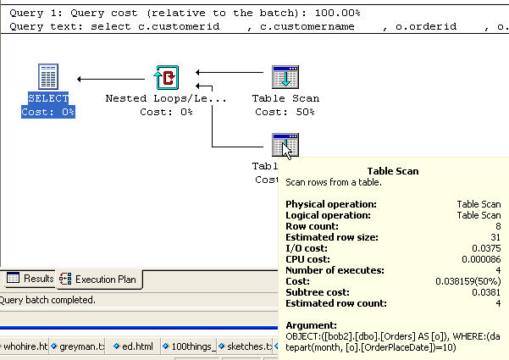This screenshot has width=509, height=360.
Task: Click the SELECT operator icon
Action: point(48,77)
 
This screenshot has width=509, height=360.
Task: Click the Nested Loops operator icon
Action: point(166,77)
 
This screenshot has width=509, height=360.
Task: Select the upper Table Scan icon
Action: point(285,77)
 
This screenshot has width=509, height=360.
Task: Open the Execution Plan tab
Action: point(99,279)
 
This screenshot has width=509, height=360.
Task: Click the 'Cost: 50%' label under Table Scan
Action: point(285,112)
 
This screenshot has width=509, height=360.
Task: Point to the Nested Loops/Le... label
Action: point(166,98)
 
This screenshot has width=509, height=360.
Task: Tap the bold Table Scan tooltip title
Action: point(393,171)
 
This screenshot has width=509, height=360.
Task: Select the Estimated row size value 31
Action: point(495,237)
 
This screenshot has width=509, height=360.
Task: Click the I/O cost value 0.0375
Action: point(488,248)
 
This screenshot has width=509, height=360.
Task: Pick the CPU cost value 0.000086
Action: point(482,259)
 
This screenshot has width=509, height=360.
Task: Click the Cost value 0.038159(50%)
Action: point(471,281)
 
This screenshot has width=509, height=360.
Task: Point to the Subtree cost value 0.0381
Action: point(488,292)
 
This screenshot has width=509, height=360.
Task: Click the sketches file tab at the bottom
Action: point(249,346)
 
